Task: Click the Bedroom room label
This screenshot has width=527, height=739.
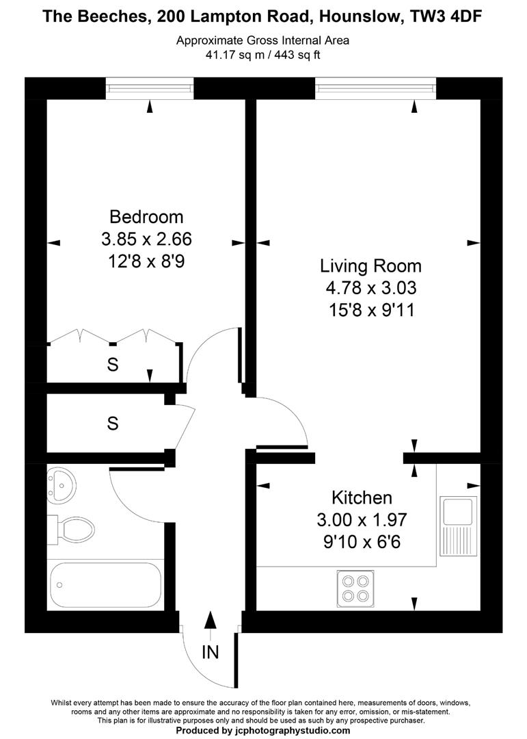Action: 146,217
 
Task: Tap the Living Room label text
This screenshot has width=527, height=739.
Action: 371,265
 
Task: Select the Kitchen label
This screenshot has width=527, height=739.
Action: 362,497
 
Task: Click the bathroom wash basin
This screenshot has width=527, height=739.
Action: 62,483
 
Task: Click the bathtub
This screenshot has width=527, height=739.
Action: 105,584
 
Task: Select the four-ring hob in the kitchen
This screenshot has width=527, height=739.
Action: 355,586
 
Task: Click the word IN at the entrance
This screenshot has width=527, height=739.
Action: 211,653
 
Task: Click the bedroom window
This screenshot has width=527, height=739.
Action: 150,88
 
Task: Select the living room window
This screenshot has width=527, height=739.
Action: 375,88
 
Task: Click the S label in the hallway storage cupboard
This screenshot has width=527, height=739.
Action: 113,424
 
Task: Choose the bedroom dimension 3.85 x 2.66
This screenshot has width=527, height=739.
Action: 146,239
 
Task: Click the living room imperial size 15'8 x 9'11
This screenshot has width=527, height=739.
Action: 371,310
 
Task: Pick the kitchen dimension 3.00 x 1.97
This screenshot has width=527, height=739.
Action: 362,519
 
